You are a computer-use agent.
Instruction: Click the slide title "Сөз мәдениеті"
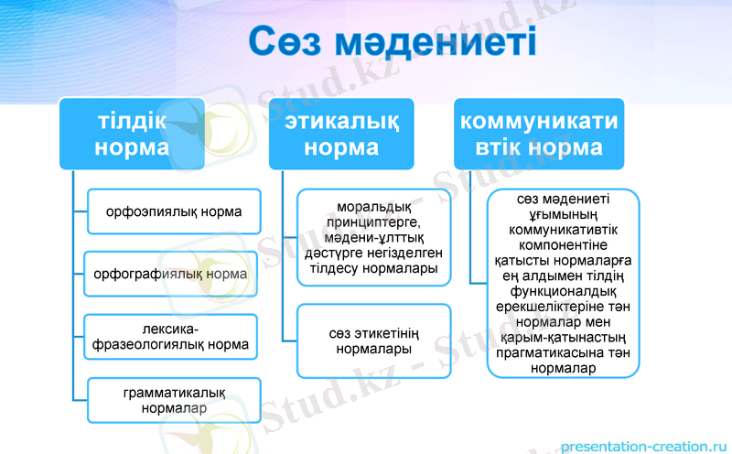[x=393, y=44]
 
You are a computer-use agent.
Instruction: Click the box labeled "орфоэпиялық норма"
[x=173, y=211]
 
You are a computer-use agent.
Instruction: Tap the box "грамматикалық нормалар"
[x=174, y=400]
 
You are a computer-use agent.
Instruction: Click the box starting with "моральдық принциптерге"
[x=373, y=237]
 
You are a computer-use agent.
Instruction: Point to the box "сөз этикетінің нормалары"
[x=373, y=340]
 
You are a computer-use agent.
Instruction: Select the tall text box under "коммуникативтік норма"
[x=563, y=284]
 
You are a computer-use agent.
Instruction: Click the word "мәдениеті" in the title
[x=440, y=44]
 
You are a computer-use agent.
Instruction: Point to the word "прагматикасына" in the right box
[x=563, y=353]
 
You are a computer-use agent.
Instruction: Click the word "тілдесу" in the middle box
[x=334, y=268]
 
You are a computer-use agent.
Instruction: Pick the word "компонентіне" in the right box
[x=563, y=244]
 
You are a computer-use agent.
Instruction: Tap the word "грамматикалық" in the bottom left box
[x=174, y=393]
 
